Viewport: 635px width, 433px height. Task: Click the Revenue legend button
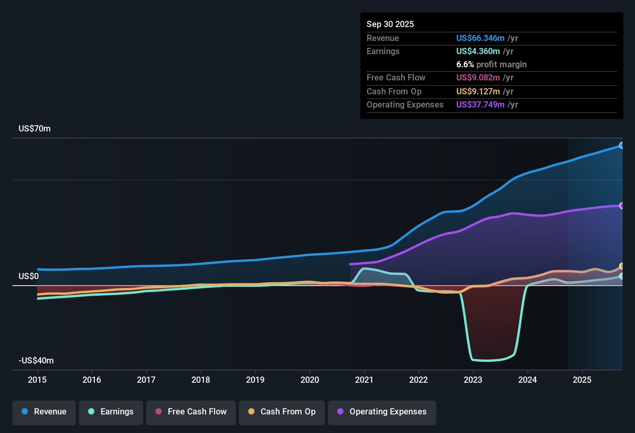point(44,412)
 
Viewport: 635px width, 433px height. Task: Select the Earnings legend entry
point(111,412)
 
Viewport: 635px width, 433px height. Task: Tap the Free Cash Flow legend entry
point(191,412)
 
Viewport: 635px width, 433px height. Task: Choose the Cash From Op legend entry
point(282,412)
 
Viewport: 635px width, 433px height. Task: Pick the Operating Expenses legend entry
point(382,412)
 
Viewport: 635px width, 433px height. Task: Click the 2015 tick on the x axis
point(37,380)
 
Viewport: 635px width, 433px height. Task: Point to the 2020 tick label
point(310,380)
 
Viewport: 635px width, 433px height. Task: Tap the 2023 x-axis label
point(473,380)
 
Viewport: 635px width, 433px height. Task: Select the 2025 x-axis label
point(582,380)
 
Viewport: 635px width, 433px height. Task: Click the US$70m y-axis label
point(34,129)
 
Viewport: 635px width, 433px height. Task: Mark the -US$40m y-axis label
point(36,361)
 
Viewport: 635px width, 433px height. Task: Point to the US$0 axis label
point(29,276)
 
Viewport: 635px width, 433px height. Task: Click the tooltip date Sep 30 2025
point(390,24)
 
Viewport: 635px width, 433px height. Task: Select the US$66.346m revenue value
point(480,38)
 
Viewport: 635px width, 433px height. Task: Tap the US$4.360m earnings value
point(478,51)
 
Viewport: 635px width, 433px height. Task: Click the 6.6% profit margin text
point(491,65)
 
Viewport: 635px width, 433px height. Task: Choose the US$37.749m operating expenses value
point(480,105)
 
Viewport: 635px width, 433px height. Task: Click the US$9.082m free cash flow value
point(478,78)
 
